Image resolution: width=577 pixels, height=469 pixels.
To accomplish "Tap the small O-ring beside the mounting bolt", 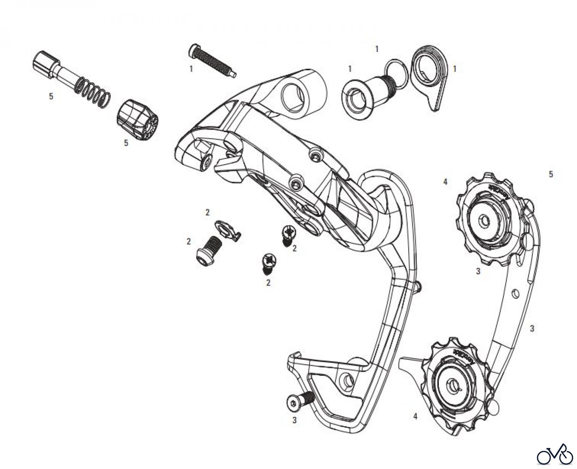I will (x=397, y=74).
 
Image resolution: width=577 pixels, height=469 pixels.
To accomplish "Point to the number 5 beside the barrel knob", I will (x=126, y=143).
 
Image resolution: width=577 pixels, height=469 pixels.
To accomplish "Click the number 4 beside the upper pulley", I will (x=445, y=182).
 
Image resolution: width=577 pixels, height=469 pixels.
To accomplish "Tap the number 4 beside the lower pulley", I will (x=415, y=416).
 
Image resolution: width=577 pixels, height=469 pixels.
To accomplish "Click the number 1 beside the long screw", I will (x=191, y=69).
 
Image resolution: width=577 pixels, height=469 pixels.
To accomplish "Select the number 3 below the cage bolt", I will (x=294, y=420).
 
